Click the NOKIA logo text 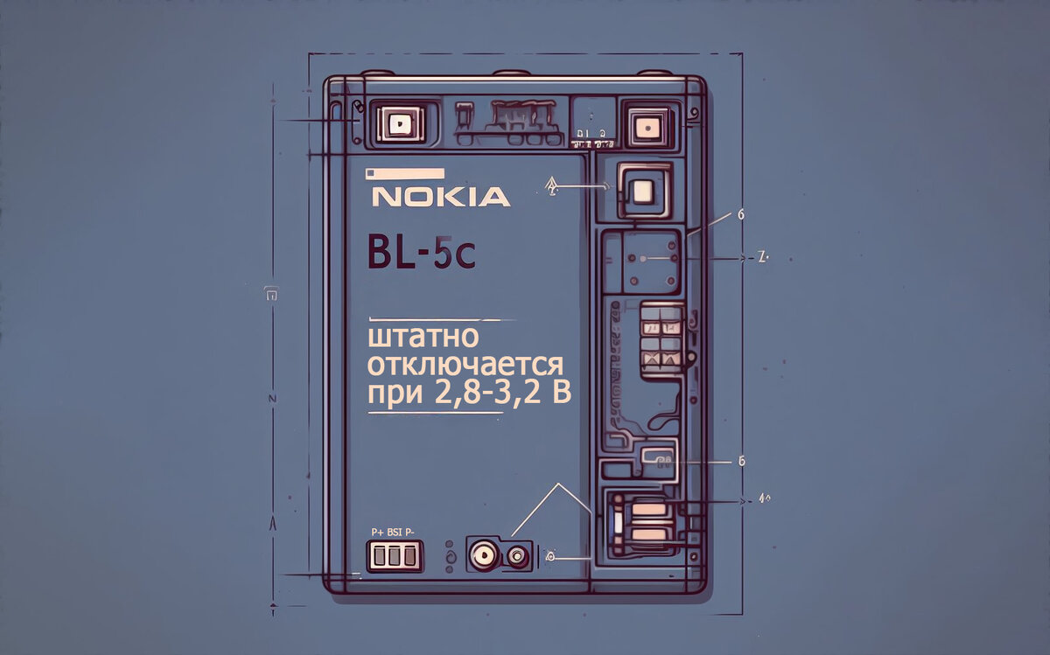tap(440, 196)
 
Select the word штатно tap(430, 337)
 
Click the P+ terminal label tap(378, 531)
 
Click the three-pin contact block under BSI tap(394, 554)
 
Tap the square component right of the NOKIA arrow tap(644, 190)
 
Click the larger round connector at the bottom tap(484, 554)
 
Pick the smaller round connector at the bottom tap(518, 554)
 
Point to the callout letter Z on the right tap(760, 259)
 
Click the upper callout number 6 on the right tap(741, 213)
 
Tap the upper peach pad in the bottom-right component tap(648, 509)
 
